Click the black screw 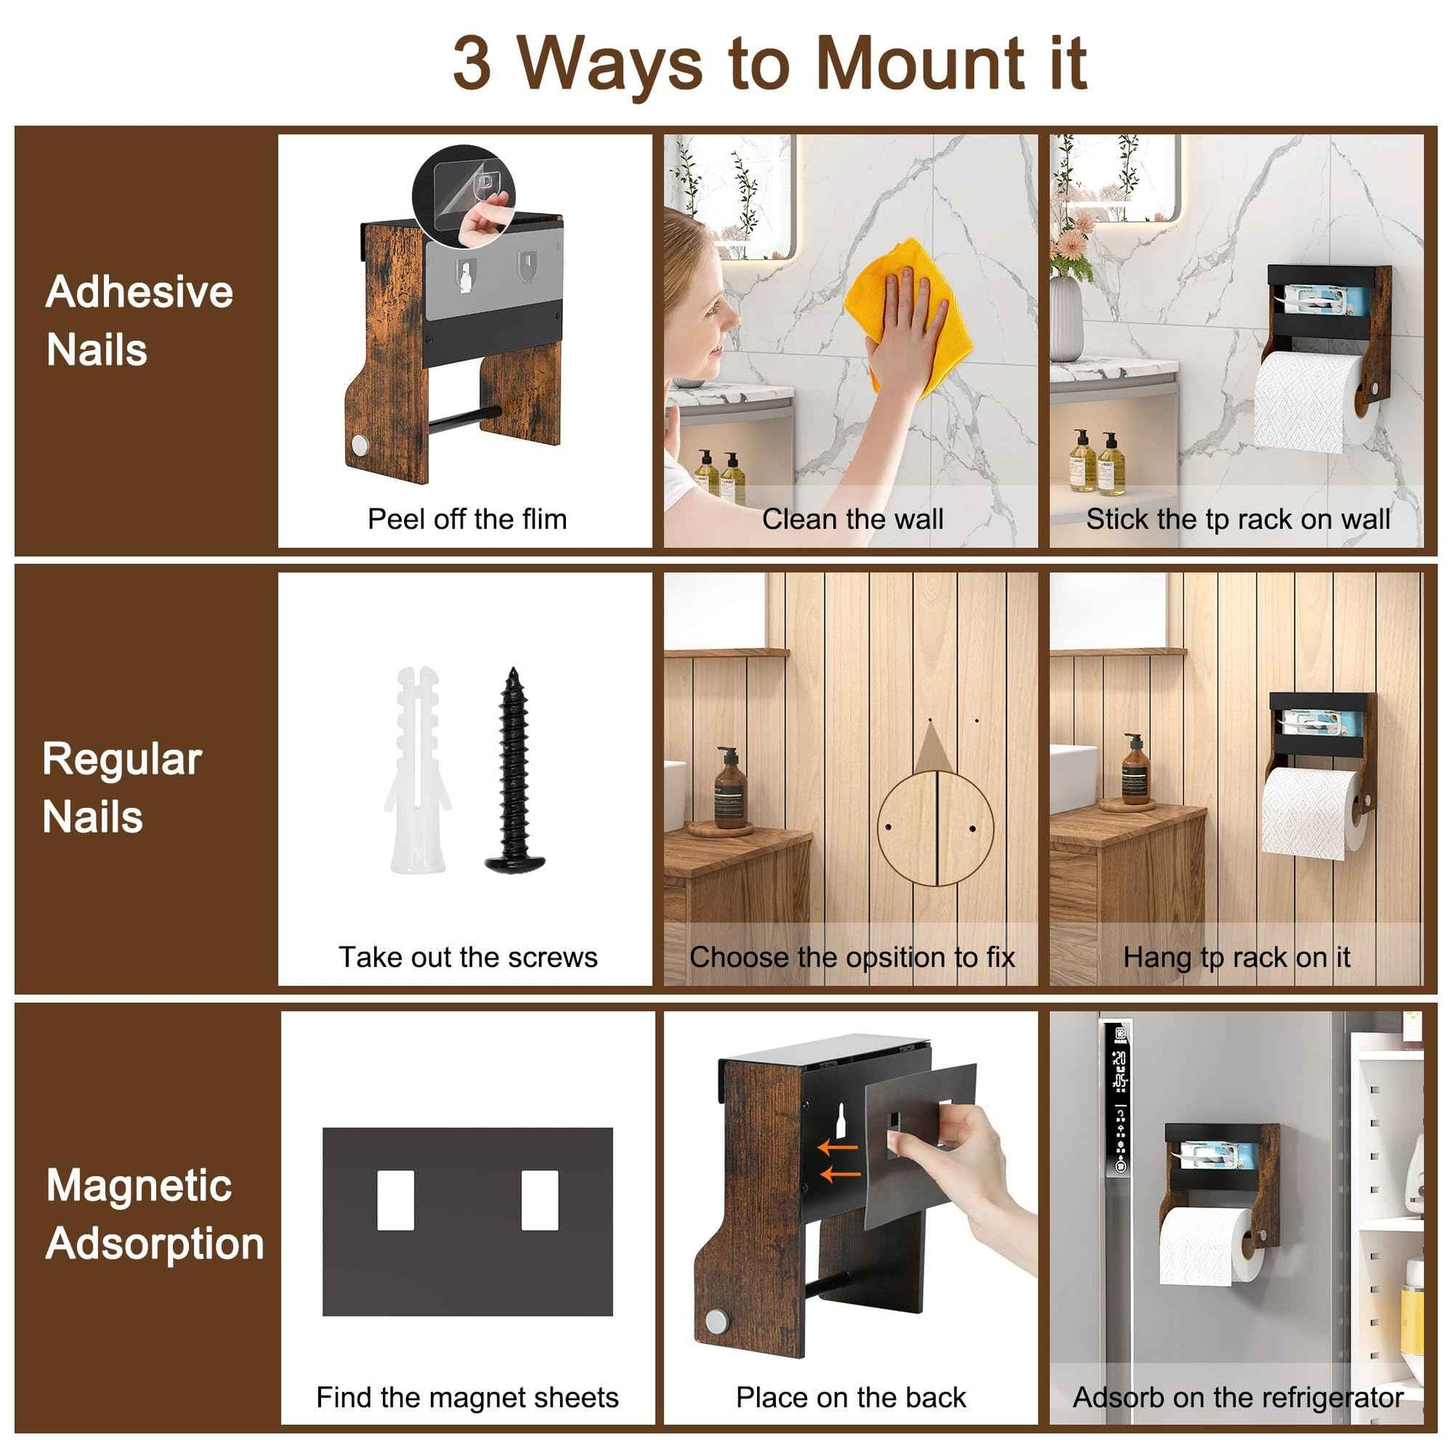[514, 771]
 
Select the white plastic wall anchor [418, 771]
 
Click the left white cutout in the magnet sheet [396, 1201]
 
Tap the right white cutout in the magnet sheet [539, 1201]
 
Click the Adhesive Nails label [139, 321]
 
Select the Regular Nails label [122, 788]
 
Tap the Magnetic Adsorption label [154, 1214]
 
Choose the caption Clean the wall [852, 519]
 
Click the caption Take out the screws [468, 957]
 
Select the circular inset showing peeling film [463, 197]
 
